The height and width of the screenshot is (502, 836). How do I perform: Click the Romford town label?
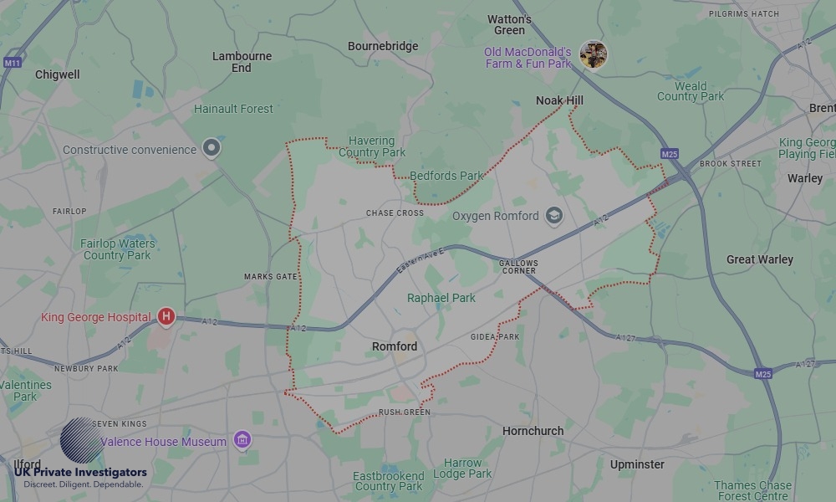click(395, 346)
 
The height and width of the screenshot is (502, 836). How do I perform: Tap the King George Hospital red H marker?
click(166, 317)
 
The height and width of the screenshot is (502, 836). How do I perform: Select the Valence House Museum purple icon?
click(242, 440)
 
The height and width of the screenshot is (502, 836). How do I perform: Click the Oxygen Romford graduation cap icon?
click(553, 216)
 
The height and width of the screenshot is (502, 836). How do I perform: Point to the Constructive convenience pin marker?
click(212, 149)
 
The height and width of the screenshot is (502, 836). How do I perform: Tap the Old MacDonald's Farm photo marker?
click(594, 55)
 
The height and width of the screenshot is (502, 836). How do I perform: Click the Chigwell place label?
click(58, 74)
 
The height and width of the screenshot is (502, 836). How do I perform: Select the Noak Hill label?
click(559, 100)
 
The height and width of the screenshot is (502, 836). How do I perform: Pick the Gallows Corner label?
click(519, 267)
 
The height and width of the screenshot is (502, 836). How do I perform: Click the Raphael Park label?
click(441, 298)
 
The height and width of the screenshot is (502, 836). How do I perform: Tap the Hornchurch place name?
click(533, 431)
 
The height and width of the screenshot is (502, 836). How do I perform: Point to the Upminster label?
click(637, 464)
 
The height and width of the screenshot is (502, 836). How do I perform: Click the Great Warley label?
click(759, 259)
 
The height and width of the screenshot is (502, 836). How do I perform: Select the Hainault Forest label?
click(233, 109)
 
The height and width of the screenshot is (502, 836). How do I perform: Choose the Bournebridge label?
click(383, 46)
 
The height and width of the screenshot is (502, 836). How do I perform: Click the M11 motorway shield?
click(12, 63)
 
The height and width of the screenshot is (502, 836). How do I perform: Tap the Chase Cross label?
click(395, 213)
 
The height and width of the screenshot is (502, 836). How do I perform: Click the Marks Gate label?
click(270, 276)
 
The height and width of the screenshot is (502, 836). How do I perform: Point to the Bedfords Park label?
click(446, 176)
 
